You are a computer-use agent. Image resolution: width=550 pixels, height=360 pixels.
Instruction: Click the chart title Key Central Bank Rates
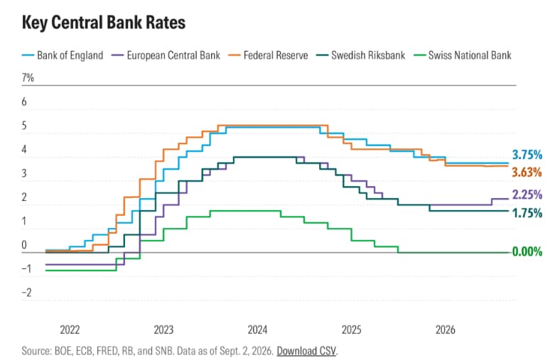pos(104,23)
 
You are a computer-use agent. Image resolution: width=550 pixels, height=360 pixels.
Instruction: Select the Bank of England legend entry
pos(63,55)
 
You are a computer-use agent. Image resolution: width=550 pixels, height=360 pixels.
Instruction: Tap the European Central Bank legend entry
pos(166,55)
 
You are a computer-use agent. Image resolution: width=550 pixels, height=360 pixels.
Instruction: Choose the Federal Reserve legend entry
pos(268,55)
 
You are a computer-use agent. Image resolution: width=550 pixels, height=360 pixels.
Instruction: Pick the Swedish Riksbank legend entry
pos(360,55)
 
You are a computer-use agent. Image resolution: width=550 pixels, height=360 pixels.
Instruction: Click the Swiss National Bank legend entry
pos(463,55)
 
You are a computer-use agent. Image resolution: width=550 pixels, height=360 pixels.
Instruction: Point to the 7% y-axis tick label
pos(28,77)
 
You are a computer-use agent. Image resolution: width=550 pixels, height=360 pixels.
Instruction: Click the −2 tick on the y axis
pos(27,293)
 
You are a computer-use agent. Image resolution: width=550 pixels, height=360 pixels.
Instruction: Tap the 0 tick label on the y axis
pos(24,245)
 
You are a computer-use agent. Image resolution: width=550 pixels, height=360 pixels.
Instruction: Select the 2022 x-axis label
pos(70,329)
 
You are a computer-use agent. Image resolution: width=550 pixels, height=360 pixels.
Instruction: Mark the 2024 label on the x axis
pos(257,329)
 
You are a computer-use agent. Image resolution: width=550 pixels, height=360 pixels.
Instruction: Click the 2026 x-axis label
pos(445,329)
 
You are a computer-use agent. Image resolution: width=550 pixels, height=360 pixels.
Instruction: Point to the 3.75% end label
pos(527,155)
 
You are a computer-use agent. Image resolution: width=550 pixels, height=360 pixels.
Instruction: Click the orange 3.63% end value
pos(527,172)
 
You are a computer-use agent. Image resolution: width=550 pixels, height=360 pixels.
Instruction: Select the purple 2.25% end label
pos(527,195)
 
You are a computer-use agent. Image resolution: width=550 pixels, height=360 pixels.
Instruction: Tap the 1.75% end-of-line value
pos(527,213)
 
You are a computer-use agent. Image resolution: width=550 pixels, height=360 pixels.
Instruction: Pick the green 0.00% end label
pos(527,251)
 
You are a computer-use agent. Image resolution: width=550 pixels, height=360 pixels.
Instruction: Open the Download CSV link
pos(306,351)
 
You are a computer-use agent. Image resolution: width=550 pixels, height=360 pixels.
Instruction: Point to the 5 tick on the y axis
pos(24,126)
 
